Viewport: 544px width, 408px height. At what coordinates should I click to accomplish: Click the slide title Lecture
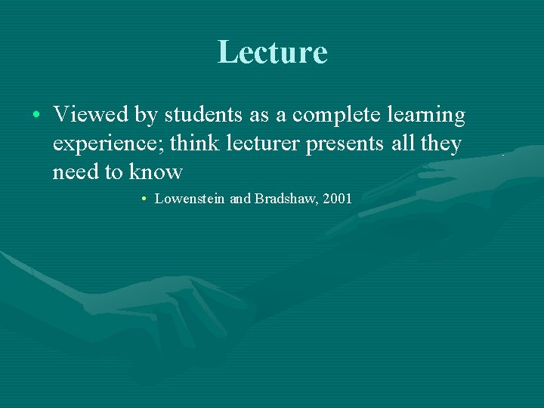pos(272,52)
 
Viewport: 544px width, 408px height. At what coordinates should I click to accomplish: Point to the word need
pos(76,172)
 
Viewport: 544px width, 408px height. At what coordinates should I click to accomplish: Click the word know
pos(156,172)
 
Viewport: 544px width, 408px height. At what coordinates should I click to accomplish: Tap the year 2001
pos(337,199)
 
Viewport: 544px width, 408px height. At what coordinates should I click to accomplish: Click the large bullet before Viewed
pos(36,116)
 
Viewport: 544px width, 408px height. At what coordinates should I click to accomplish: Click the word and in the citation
pos(240,199)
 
